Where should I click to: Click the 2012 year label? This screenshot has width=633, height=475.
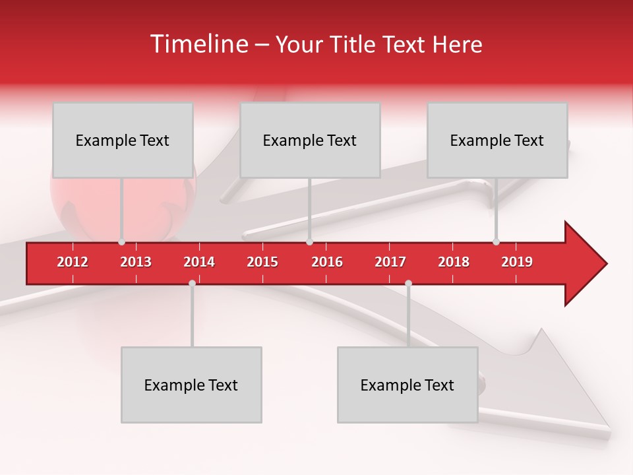(x=73, y=262)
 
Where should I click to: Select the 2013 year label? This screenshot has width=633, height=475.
(x=136, y=262)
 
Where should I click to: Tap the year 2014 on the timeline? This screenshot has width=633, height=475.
(x=199, y=262)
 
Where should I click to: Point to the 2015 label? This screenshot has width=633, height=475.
(x=262, y=262)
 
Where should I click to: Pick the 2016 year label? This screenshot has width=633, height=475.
(x=327, y=262)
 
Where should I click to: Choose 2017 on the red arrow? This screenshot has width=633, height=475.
(x=390, y=262)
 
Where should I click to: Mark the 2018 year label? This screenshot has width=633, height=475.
(x=454, y=262)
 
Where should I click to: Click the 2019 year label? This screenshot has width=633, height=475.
(x=517, y=262)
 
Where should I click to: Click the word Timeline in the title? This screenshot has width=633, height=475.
(x=198, y=44)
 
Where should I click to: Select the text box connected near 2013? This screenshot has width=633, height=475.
(x=123, y=140)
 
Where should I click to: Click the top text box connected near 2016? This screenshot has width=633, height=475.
(x=310, y=140)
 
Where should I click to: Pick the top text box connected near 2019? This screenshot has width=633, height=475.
(x=497, y=140)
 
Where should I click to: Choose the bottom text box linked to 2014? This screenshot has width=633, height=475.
(x=191, y=385)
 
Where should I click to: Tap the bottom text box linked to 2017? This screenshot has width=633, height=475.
(x=407, y=385)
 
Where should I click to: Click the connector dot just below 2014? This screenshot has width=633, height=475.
(x=192, y=283)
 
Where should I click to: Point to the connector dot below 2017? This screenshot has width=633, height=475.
(x=408, y=283)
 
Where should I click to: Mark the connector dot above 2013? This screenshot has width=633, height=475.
(x=122, y=242)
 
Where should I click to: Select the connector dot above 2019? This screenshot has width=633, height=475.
(x=496, y=242)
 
